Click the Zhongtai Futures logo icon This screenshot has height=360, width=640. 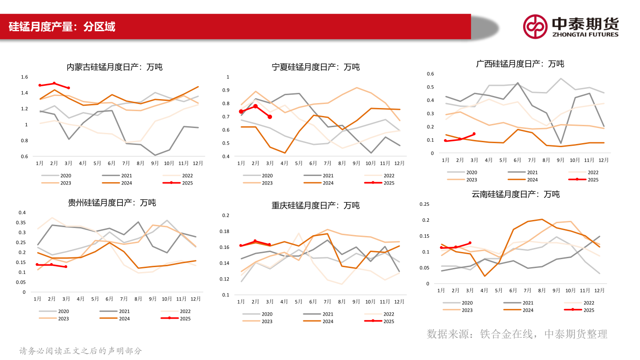click(535, 26)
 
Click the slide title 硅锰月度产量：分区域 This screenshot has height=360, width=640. click(62, 27)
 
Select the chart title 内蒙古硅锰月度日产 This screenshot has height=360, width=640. click(114, 67)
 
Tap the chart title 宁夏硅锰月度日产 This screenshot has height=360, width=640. click(316, 67)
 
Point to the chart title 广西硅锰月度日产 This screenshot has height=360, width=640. click(520, 64)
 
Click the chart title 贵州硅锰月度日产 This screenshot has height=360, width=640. click(112, 203)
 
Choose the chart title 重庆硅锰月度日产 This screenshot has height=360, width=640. click(316, 205)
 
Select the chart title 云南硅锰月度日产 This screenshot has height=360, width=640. click(516, 194)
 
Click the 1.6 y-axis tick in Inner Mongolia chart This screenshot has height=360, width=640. click(24, 77)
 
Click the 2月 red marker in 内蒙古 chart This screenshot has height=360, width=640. click(54, 83)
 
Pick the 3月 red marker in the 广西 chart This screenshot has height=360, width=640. click(474, 134)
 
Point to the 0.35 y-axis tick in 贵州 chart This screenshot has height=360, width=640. click(22, 222)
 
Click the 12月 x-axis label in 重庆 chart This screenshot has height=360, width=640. click(400, 302)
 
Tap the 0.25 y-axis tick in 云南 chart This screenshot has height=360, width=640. click(424, 204)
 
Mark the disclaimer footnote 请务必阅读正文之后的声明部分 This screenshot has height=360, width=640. click(80, 351)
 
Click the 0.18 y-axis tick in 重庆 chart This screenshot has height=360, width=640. click(225, 231)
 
